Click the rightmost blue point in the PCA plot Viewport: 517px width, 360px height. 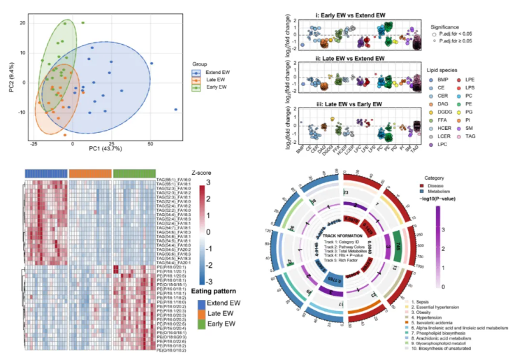coord(176,110)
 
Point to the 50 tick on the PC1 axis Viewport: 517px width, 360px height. coord(150,143)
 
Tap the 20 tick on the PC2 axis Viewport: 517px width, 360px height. coord(22,23)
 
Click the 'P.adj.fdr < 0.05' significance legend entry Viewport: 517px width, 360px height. coord(459,34)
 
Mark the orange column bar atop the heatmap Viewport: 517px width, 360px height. coord(90,173)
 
